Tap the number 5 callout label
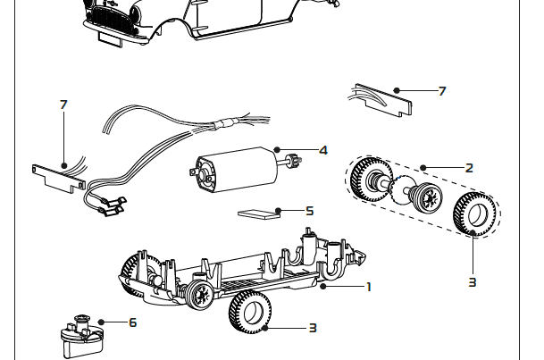pyautogui.click(x=309, y=212)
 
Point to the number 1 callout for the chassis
pyautogui.click(x=368, y=287)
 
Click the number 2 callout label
pyautogui.click(x=469, y=167)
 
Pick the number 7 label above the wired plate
pyautogui.click(x=63, y=105)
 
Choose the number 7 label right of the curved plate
pyautogui.click(x=441, y=91)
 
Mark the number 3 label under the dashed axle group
pyautogui.click(x=473, y=282)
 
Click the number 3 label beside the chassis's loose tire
pyautogui.click(x=313, y=328)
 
